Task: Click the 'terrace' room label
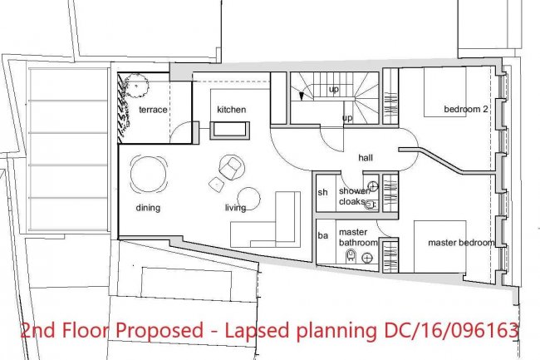tap(153, 110)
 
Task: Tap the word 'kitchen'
tap(232, 110)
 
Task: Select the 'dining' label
tap(148, 208)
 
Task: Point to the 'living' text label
tap(236, 208)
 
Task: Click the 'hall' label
tap(366, 158)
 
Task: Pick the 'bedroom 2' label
tap(466, 109)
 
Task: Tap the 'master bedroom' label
tap(461, 243)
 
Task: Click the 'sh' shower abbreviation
tap(322, 192)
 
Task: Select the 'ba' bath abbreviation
tap(323, 235)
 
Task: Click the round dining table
tap(149, 174)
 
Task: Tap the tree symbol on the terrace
tap(137, 86)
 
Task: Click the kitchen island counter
tap(229, 130)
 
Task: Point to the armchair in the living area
tap(232, 167)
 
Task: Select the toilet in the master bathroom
tap(351, 255)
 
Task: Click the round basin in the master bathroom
tap(368, 258)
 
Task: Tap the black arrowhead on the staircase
tap(302, 96)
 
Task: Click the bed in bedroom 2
tap(445, 92)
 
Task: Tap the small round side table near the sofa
tap(248, 199)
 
